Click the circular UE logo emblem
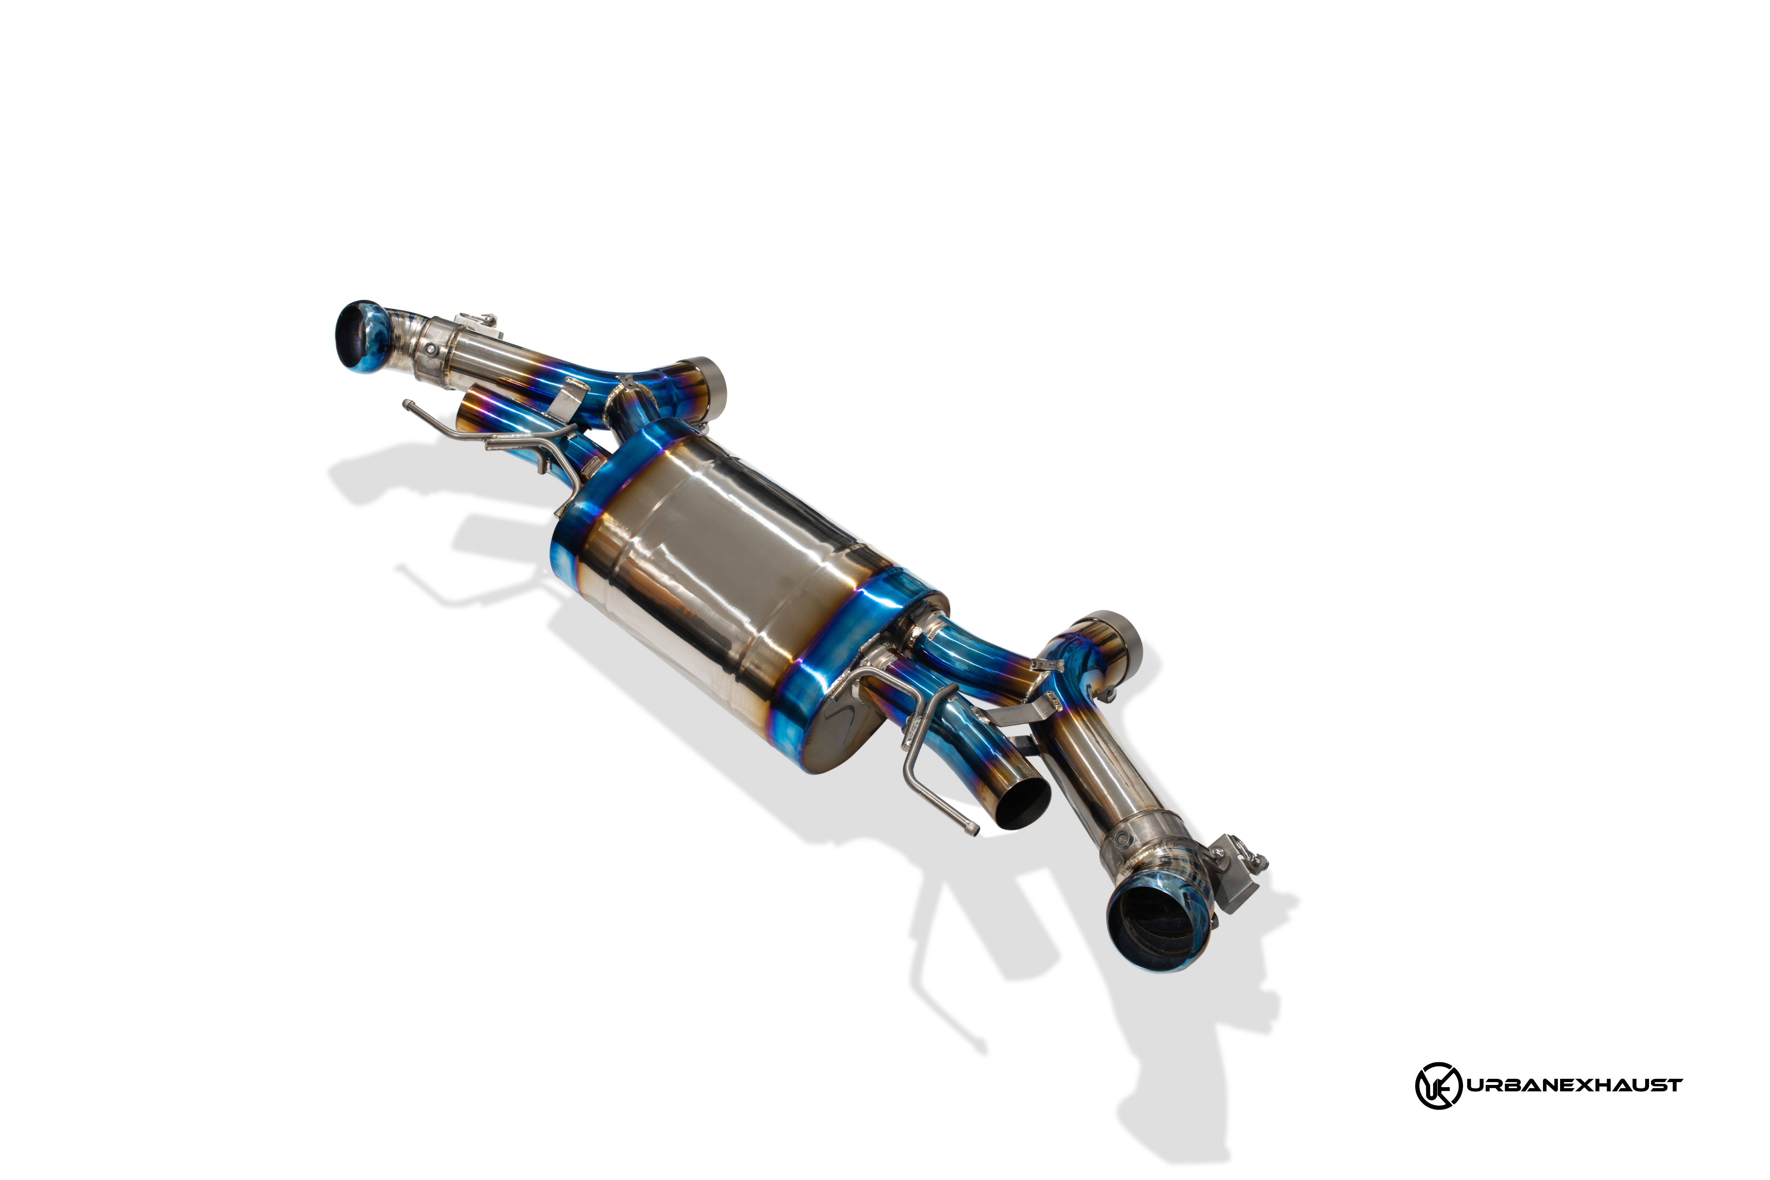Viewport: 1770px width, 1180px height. click(x=1438, y=1085)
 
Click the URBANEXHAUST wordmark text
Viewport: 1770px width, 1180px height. click(x=1574, y=1085)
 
